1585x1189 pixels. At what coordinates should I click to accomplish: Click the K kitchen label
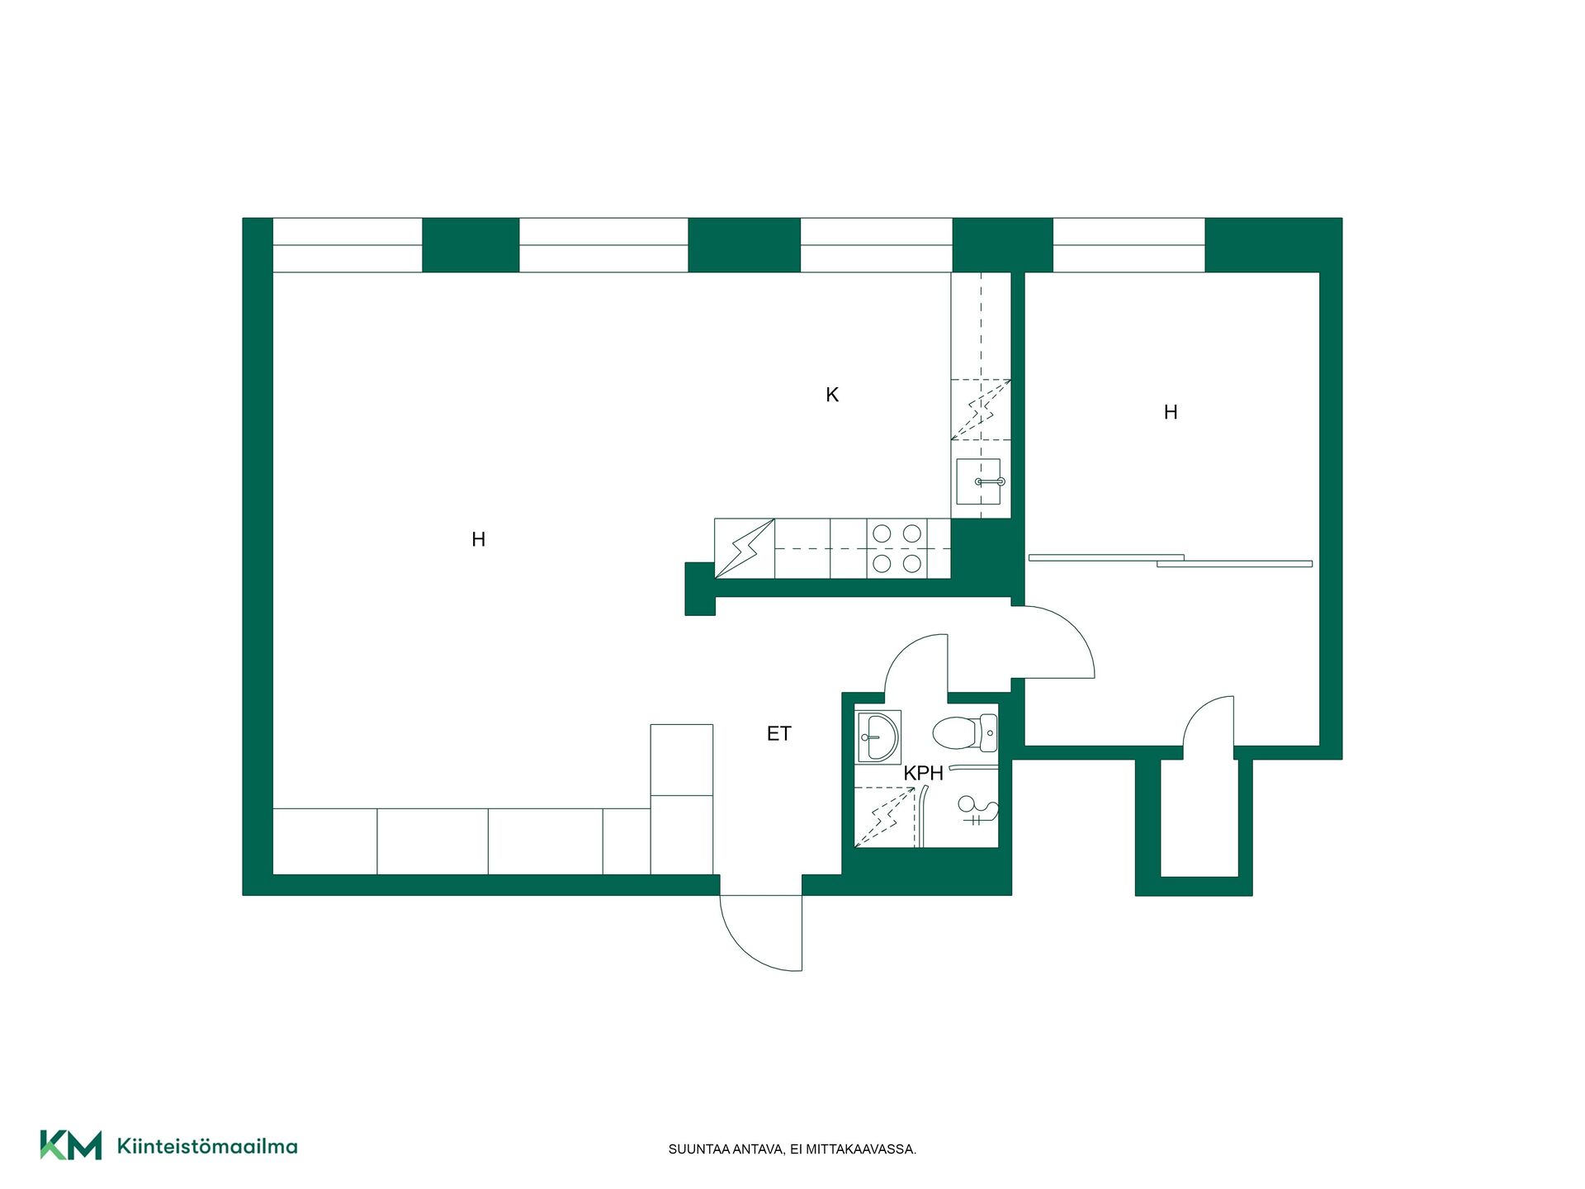pos(832,395)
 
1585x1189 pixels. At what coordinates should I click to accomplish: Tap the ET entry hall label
pos(778,733)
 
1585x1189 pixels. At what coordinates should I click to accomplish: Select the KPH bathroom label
pos(923,773)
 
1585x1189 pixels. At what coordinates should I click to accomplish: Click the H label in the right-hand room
pos(1171,412)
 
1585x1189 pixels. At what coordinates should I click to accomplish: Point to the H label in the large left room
pos(478,539)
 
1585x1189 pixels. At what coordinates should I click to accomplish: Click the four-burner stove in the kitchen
pos(897,548)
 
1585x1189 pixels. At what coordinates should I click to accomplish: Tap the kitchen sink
pos(978,481)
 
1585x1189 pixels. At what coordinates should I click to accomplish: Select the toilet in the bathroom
pos(965,732)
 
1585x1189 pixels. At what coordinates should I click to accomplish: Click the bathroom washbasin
pos(878,736)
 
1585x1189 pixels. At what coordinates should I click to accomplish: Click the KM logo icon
pos(71,1145)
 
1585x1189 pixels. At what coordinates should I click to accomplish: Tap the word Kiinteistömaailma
pos(207,1146)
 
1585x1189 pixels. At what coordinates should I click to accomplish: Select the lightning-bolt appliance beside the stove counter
pos(745,548)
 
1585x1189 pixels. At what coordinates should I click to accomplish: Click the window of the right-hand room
pos(1128,245)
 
